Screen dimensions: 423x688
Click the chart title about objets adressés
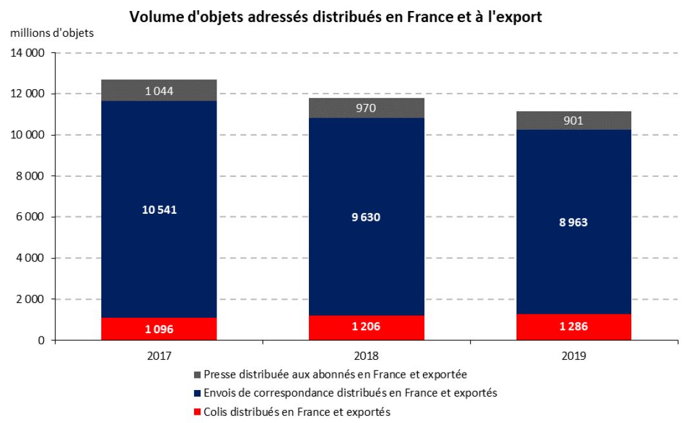point(335,17)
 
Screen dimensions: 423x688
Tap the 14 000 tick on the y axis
point(27,53)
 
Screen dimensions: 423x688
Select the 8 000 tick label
point(30,176)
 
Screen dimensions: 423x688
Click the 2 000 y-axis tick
point(30,300)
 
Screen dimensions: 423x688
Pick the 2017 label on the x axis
point(159,356)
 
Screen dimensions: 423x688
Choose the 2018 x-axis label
point(366,356)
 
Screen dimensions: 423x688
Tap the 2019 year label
point(573,356)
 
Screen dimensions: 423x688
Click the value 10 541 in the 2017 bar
point(159,209)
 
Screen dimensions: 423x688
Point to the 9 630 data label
point(366,218)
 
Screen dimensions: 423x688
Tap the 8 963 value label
point(573,222)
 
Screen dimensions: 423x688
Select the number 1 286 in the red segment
point(573,327)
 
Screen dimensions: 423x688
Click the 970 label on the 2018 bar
point(366,108)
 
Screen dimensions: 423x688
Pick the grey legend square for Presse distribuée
point(197,375)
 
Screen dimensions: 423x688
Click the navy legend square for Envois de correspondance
point(197,393)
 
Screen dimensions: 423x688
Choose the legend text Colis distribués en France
point(297,411)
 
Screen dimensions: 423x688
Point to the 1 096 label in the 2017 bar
point(159,329)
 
